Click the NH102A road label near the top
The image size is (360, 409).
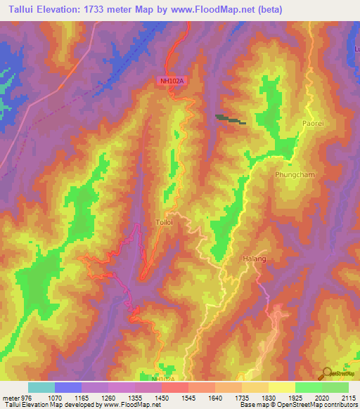tap(172, 82)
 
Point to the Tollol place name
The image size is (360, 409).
tap(163, 222)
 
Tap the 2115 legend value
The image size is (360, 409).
tap(348, 397)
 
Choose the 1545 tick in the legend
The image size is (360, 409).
tap(188, 397)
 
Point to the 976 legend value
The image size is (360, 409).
tap(27, 397)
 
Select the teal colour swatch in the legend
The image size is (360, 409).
tap(41, 387)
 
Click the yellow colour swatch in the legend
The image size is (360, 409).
tap(281, 387)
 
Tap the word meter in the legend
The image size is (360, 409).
tap(10, 397)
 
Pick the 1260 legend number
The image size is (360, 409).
tap(108, 397)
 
